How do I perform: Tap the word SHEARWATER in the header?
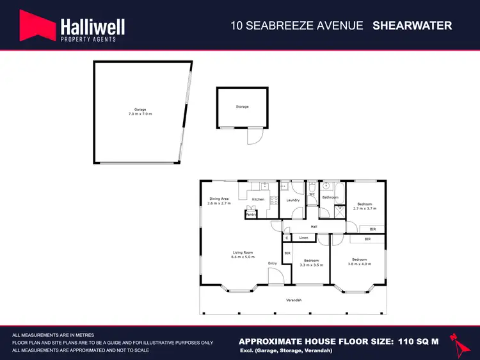(x=412, y=26)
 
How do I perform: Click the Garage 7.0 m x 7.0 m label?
(x=140, y=111)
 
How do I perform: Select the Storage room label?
(x=242, y=106)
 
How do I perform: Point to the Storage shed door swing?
(x=255, y=137)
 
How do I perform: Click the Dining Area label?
(x=218, y=200)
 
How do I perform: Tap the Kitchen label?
(x=258, y=199)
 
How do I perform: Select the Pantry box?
(x=251, y=215)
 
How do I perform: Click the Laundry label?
(x=293, y=200)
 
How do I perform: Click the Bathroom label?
(x=330, y=197)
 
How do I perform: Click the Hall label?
(x=314, y=227)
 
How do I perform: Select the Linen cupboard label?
(x=304, y=238)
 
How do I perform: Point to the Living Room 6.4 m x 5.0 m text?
(x=243, y=254)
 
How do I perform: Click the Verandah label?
(x=294, y=300)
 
